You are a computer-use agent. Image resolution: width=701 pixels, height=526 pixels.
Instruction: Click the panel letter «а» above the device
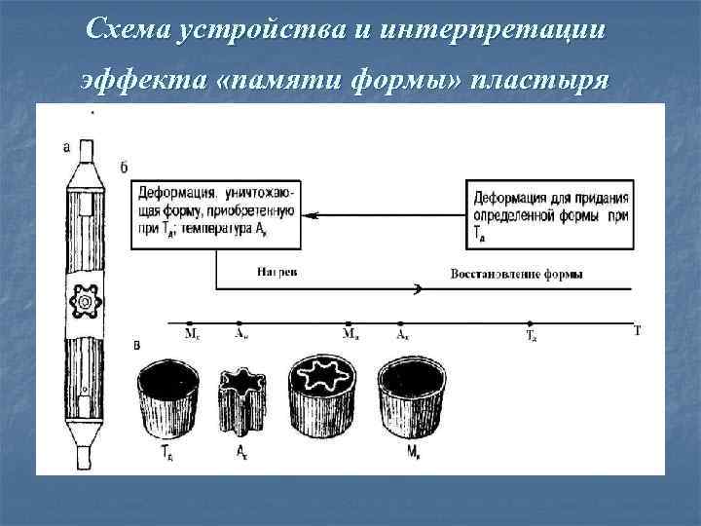pyautogui.click(x=66, y=148)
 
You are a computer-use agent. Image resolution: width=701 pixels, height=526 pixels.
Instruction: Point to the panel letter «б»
pyautogui.click(x=124, y=168)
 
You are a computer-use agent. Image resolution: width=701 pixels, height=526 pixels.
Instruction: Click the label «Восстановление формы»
pyautogui.click(x=516, y=275)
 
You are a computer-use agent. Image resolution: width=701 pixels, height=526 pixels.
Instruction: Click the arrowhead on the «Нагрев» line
pyautogui.click(x=418, y=288)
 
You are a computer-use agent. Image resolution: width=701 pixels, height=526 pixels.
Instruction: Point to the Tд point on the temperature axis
pyautogui.click(x=531, y=323)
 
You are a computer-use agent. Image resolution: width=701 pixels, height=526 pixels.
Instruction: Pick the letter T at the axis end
pyautogui.click(x=638, y=330)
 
